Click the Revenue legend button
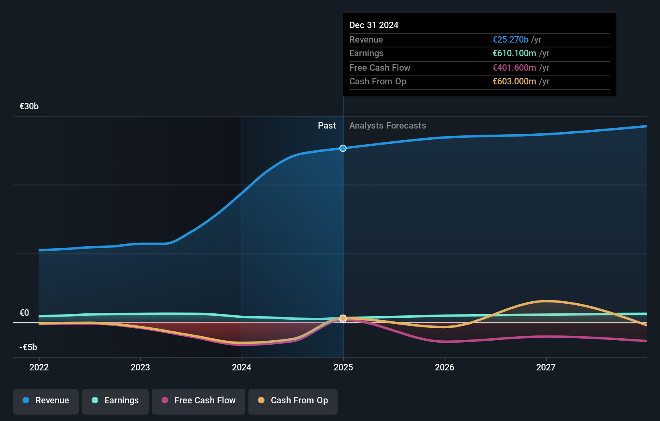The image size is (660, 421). pyautogui.click(x=46, y=401)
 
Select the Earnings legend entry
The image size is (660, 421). pyautogui.click(x=115, y=401)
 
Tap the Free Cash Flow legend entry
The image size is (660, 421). pyautogui.click(x=199, y=401)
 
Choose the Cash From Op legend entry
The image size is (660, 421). pyautogui.click(x=293, y=401)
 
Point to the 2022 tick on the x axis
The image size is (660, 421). pyautogui.click(x=39, y=367)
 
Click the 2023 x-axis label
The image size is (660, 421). pyautogui.click(x=140, y=367)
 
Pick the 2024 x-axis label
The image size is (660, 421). pyautogui.click(x=242, y=367)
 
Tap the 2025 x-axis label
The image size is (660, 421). pyautogui.click(x=343, y=367)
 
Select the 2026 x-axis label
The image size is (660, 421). pyautogui.click(x=445, y=367)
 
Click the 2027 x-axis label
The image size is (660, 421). pyautogui.click(x=546, y=367)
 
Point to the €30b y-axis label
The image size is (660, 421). pyautogui.click(x=29, y=106)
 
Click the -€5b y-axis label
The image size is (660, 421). pyautogui.click(x=28, y=347)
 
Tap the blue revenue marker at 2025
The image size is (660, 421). pyautogui.click(x=343, y=148)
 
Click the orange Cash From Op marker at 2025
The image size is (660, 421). pyautogui.click(x=343, y=318)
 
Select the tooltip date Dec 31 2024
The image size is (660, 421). pyautogui.click(x=374, y=25)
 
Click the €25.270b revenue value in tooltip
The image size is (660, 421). pyautogui.click(x=510, y=40)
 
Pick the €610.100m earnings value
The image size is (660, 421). pyautogui.click(x=514, y=53)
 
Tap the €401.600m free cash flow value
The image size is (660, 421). pyautogui.click(x=514, y=68)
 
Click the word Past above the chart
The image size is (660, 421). pyautogui.click(x=327, y=126)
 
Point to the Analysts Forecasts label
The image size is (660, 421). pyautogui.click(x=387, y=126)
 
